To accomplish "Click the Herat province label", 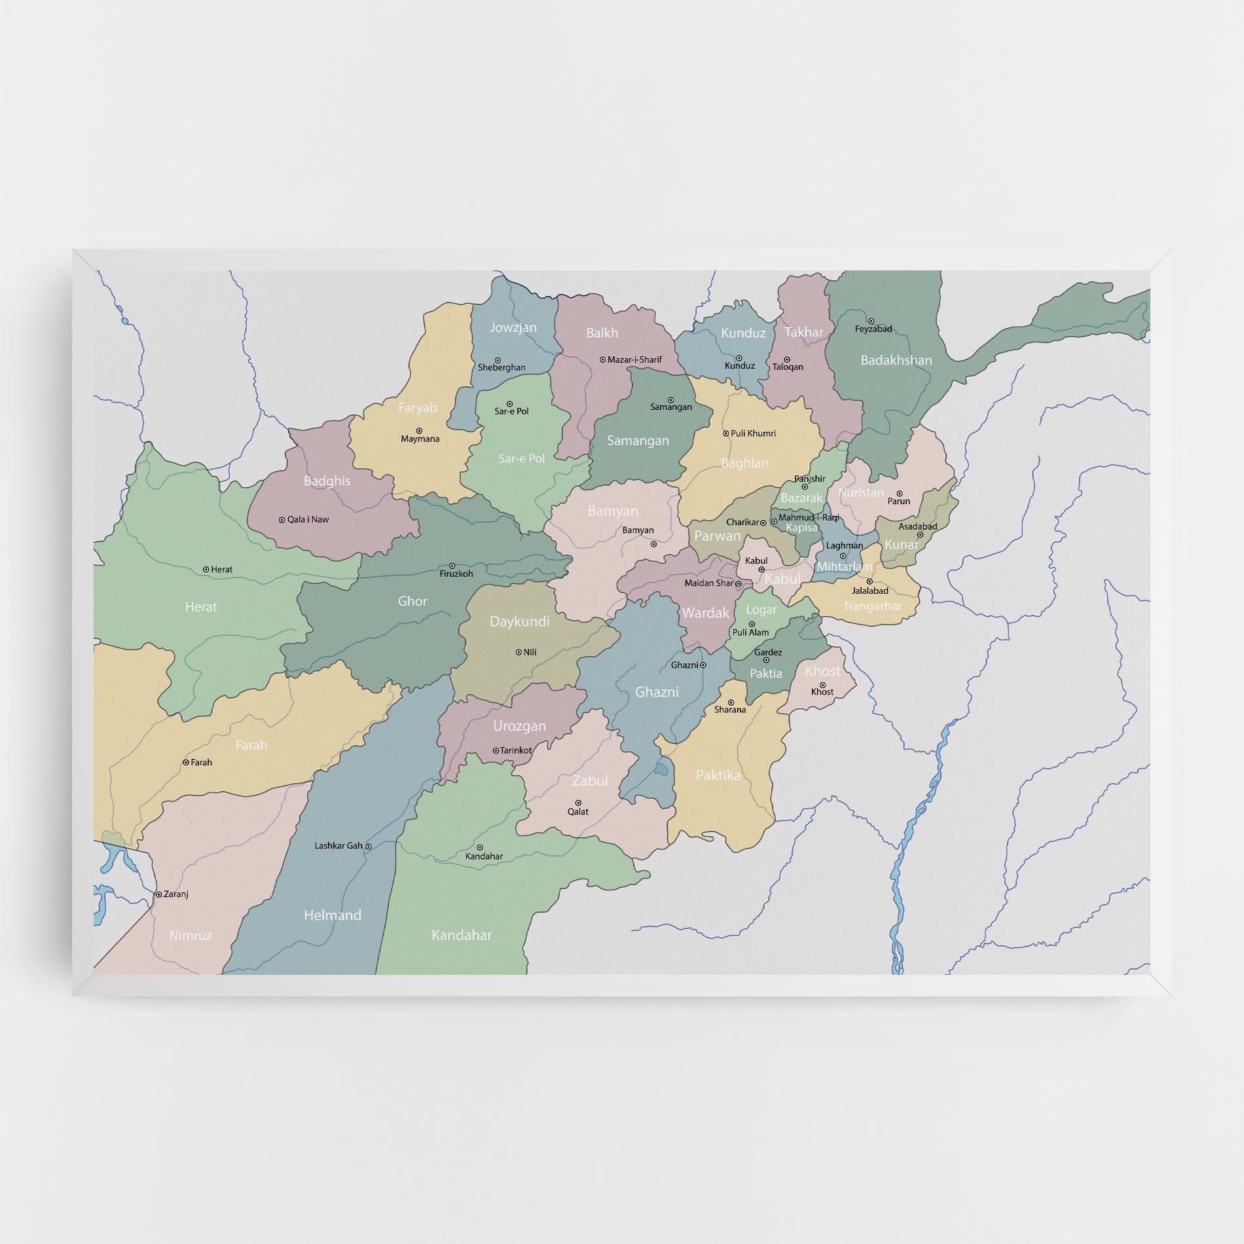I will [200, 607].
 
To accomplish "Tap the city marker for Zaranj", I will [158, 894].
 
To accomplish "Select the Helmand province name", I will [333, 915].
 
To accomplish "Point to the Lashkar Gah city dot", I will [369, 846].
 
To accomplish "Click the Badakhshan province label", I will [896, 360].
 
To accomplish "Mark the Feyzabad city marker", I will [871, 321].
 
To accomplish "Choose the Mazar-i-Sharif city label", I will [634, 359].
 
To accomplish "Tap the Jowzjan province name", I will [513, 327].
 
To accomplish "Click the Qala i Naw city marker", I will [282, 520].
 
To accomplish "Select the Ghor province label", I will [412, 601].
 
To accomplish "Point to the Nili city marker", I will [518, 652].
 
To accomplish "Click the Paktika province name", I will [718, 775].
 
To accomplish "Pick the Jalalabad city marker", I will [869, 581].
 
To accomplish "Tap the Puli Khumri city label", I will [753, 433].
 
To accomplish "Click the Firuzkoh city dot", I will [452, 566].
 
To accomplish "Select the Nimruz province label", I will [191, 936].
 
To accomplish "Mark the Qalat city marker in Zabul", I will [578, 803].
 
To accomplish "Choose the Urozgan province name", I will [519, 726].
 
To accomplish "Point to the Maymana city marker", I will [419, 431].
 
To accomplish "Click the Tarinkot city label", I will [516, 750].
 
